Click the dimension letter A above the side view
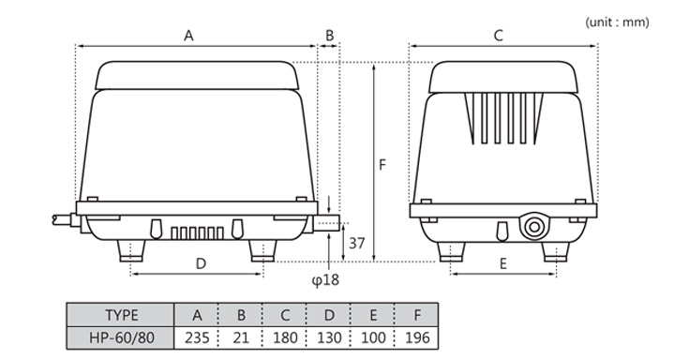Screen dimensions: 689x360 pyautogui.click(x=188, y=36)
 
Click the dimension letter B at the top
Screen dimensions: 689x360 pyautogui.click(x=330, y=36)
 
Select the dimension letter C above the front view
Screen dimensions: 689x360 pyautogui.click(x=499, y=36)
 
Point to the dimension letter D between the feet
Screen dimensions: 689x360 pyautogui.click(x=201, y=263)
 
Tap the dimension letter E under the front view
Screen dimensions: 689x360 pyautogui.click(x=503, y=263)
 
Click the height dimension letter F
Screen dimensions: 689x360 pyautogui.click(x=382, y=165)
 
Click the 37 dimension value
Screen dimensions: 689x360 pyautogui.click(x=356, y=243)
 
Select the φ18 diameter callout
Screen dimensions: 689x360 pyautogui.click(x=325, y=279)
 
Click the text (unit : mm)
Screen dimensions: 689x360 pyautogui.click(x=617, y=22)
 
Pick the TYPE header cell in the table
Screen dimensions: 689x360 pyautogui.click(x=121, y=315)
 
